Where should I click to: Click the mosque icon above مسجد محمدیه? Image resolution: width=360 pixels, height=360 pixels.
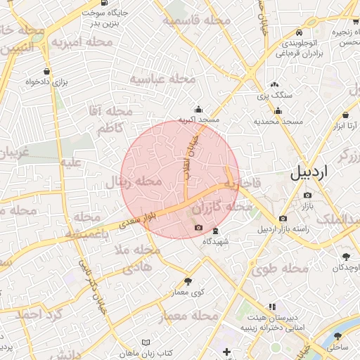tap(278, 110)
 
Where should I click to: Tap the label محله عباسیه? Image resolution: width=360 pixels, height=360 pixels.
tap(161, 79)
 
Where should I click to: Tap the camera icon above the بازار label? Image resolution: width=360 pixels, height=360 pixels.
tap(307, 195)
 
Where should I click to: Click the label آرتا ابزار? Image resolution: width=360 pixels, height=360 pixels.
tap(345, 126)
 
